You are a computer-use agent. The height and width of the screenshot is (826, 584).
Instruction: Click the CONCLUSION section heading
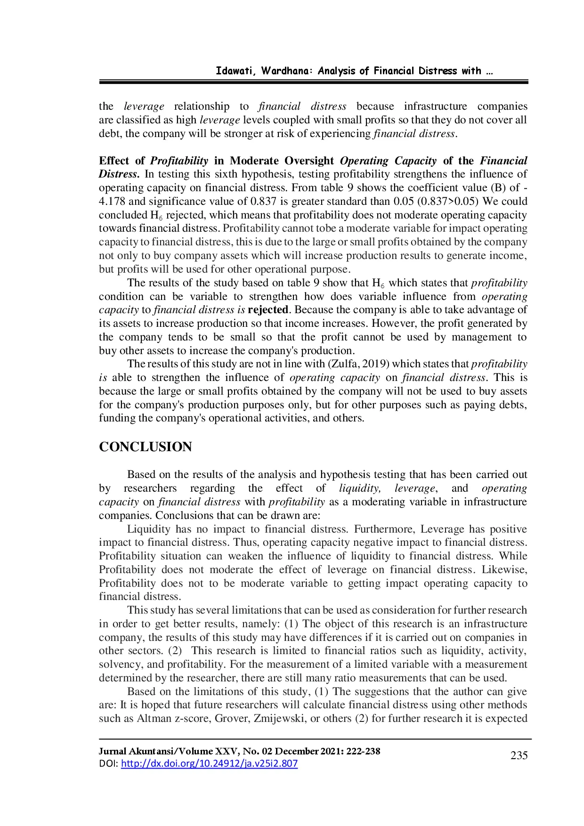pyautogui.click(x=145, y=447)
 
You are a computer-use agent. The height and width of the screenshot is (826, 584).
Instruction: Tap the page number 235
pyautogui.click(x=519, y=755)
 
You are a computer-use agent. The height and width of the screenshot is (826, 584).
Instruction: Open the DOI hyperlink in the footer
pyautogui.click(x=209, y=763)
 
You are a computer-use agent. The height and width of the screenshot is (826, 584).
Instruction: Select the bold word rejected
pyautogui.click(x=268, y=310)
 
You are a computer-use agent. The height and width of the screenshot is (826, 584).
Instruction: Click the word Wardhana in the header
pyautogui.click(x=286, y=71)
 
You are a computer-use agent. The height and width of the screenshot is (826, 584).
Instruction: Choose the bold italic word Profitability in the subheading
pyautogui.click(x=179, y=161)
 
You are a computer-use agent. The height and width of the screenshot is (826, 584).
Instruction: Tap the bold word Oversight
pyautogui.click(x=309, y=161)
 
